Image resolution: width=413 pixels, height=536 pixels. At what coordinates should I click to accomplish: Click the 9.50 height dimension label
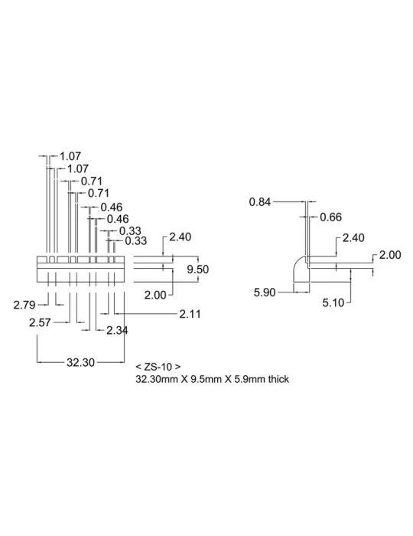pyautogui.click(x=197, y=270)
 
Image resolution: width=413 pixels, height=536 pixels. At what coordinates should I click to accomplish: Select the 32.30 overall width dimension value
pyautogui.click(x=80, y=362)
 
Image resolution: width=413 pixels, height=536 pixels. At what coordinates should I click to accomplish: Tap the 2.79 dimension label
pyautogui.click(x=24, y=305)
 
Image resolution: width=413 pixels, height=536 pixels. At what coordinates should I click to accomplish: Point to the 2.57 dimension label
pyautogui.click(x=40, y=322)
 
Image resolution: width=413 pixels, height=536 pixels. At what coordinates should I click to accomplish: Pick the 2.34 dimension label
pyautogui.click(x=117, y=330)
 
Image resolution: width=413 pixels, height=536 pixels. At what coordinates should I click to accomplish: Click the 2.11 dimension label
pyautogui.click(x=190, y=314)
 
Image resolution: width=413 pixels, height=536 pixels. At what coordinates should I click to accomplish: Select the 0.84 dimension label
pyautogui.click(x=260, y=201)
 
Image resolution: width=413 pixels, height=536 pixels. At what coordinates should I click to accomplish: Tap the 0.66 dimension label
pyautogui.click(x=330, y=217)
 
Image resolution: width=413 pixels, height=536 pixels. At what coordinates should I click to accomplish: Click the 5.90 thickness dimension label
pyautogui.click(x=265, y=293)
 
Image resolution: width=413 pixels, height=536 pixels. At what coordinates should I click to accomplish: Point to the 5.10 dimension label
pyautogui.click(x=333, y=302)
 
